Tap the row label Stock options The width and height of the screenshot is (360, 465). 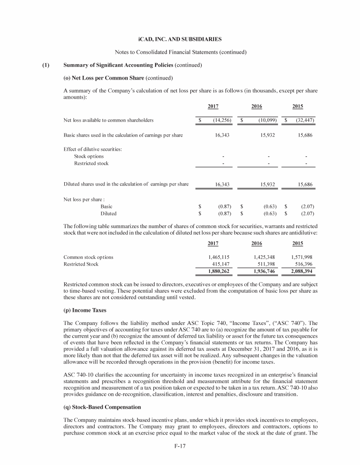(x=89, y=156)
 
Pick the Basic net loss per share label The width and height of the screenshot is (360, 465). (x=106, y=206)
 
